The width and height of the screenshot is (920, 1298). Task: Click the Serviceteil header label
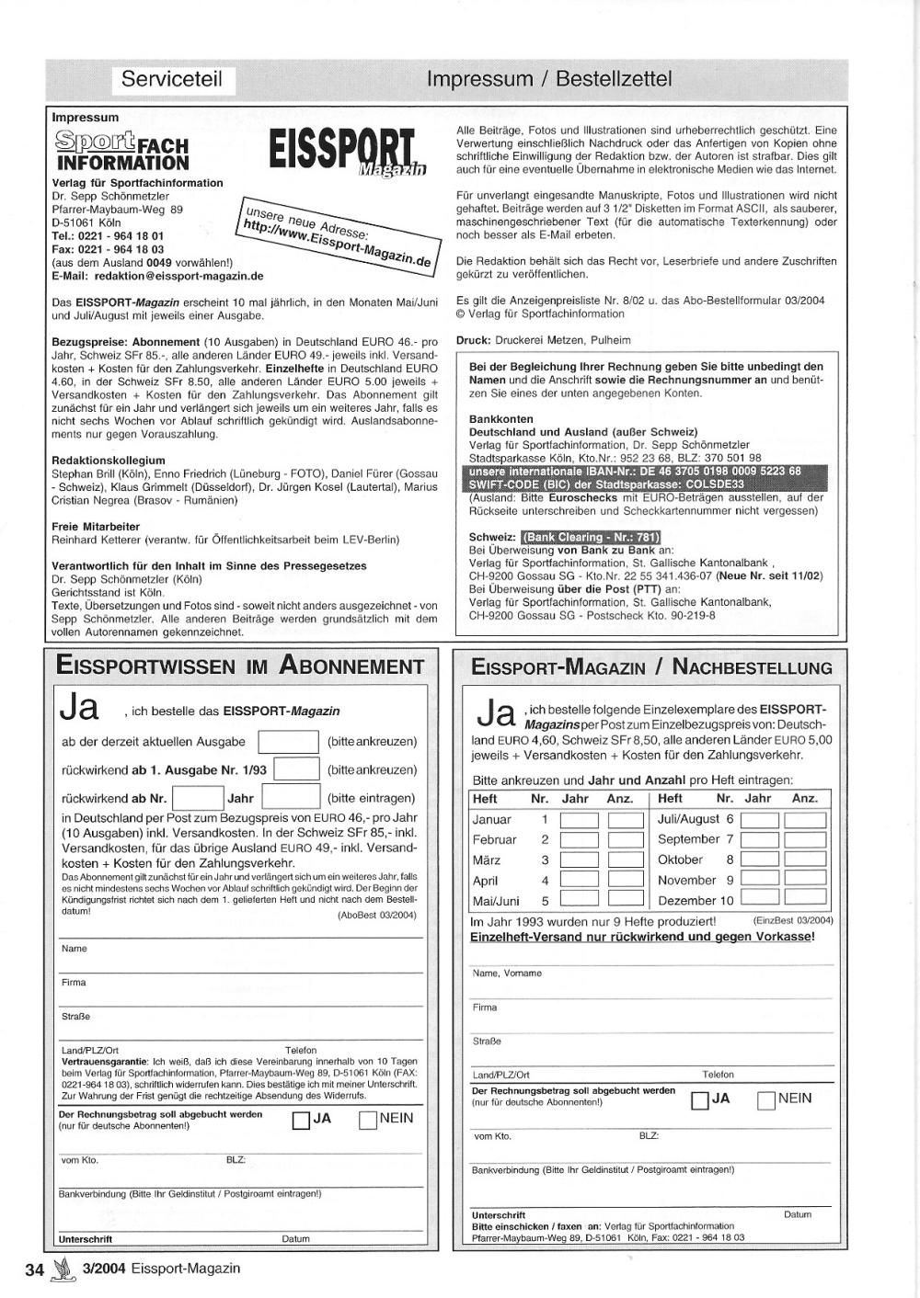172,80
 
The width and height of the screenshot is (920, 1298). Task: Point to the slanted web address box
335,235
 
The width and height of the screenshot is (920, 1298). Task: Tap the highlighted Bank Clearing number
591,537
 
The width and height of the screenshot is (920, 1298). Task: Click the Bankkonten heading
501,418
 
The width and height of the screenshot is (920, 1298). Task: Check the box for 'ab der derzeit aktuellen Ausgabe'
288,742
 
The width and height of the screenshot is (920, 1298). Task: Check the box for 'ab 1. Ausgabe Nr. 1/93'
296,769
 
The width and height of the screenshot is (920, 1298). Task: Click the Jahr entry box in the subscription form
291,798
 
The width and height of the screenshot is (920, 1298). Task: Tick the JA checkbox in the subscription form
301,1120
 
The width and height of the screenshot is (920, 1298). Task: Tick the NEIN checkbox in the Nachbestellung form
765,1099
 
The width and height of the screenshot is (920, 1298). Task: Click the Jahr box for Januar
579,820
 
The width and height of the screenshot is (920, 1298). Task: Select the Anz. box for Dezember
805,900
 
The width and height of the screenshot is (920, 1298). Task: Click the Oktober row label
680,860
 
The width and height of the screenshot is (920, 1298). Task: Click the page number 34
35,1270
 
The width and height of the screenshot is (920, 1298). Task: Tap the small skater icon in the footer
63,1270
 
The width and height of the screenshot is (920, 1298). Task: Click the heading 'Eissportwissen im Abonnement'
239,666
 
